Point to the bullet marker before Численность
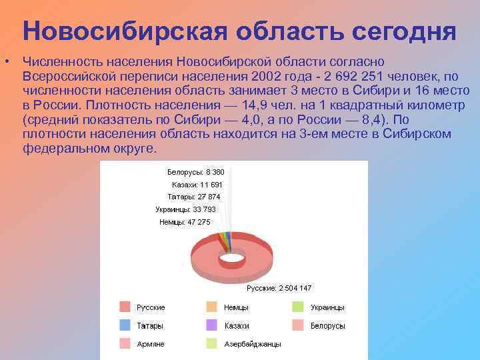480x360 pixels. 5,62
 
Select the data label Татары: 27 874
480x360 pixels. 194,197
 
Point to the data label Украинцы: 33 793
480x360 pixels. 185,209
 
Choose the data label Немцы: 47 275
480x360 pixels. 185,222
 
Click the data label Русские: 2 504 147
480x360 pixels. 279,288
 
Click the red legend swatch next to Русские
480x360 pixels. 125,307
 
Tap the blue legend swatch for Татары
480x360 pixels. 125,325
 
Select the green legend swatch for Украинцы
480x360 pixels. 298,307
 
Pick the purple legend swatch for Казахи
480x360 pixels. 211,325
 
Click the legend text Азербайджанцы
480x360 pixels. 253,344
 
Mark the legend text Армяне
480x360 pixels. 151,344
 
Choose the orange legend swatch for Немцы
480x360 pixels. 211,307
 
